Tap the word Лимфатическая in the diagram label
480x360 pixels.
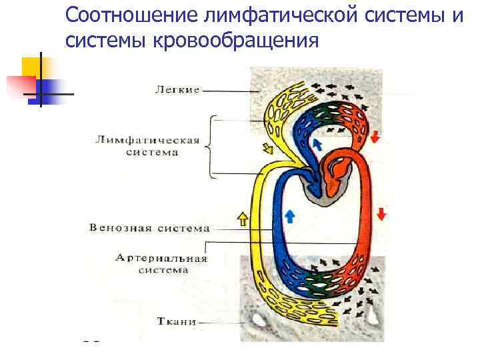pos(147,140)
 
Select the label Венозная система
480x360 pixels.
pos(149,227)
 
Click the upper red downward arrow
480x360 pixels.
pos(375,137)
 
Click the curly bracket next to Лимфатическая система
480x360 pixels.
pos(211,146)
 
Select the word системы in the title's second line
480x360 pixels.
pos(107,41)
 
